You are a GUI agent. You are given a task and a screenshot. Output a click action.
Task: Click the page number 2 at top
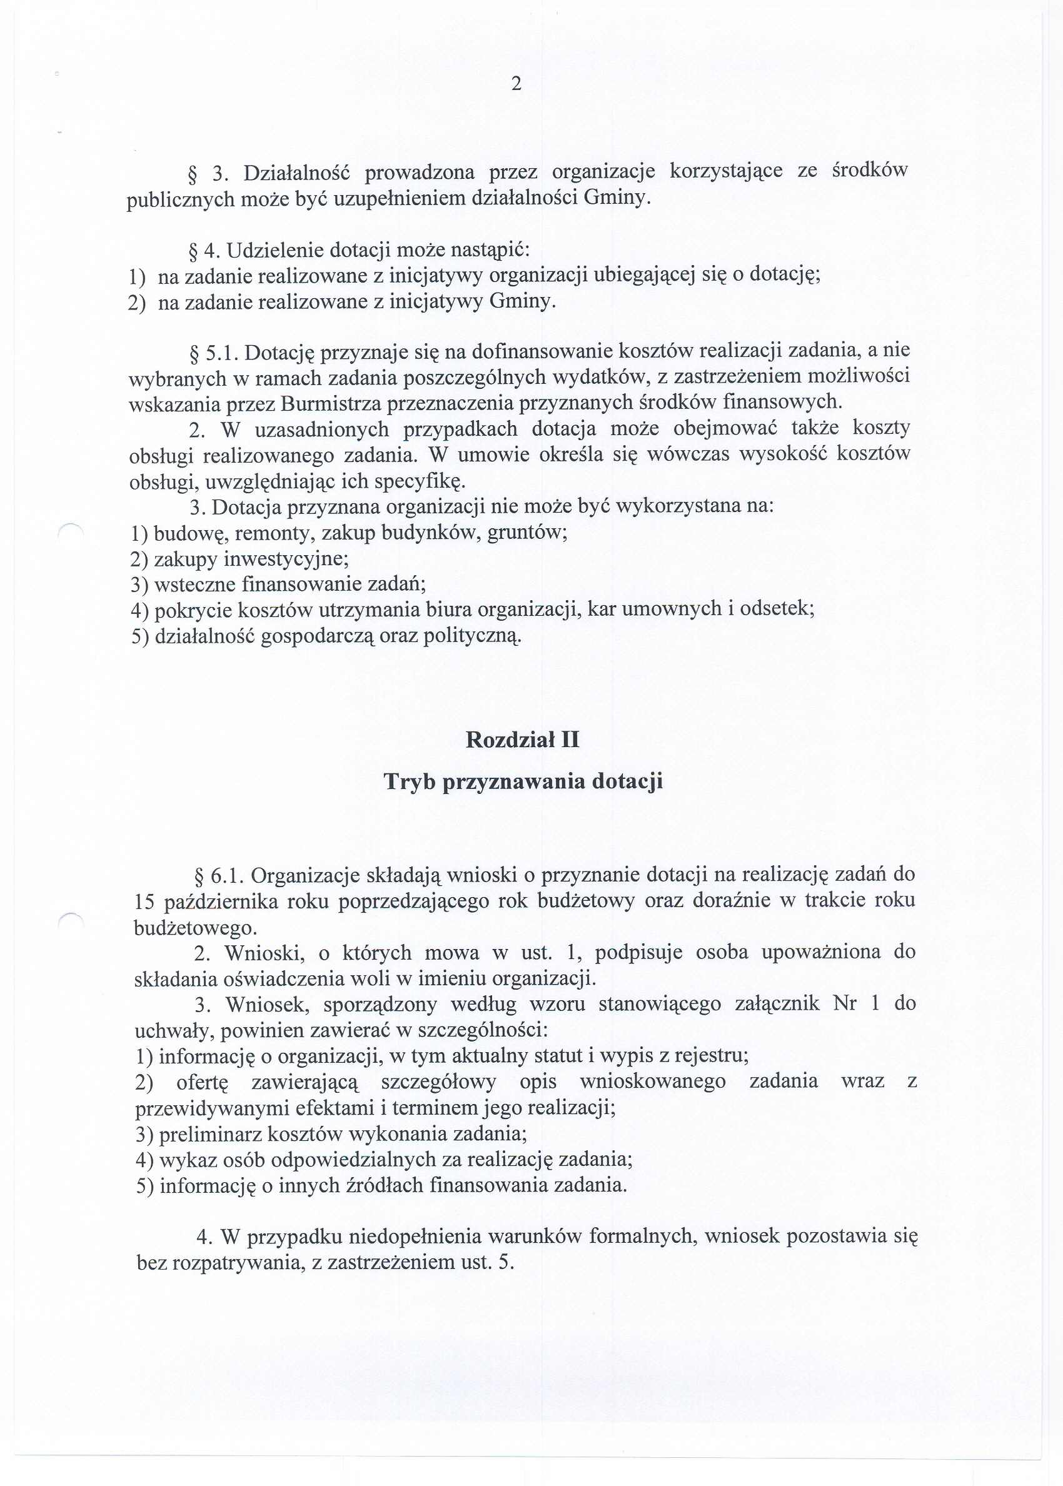[x=516, y=84]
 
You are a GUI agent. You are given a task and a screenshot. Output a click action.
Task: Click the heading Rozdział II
[x=522, y=740]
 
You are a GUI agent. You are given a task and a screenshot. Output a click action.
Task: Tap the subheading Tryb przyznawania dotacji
[x=523, y=781]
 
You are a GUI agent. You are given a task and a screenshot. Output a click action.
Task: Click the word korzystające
[x=726, y=171]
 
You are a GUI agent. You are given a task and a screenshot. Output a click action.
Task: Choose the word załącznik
[x=777, y=1004]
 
